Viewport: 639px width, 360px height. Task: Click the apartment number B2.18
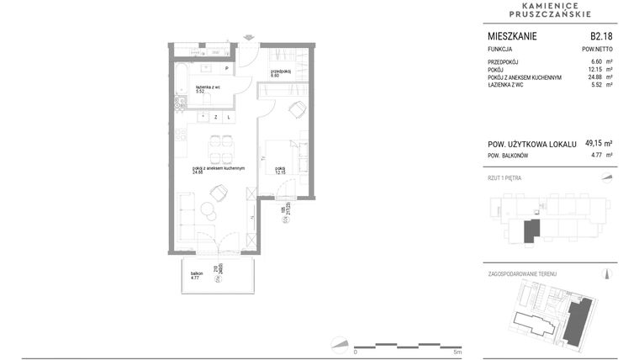(x=600, y=37)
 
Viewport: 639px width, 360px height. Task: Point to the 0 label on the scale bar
(x=356, y=352)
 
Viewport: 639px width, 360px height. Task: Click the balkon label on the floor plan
(x=197, y=273)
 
